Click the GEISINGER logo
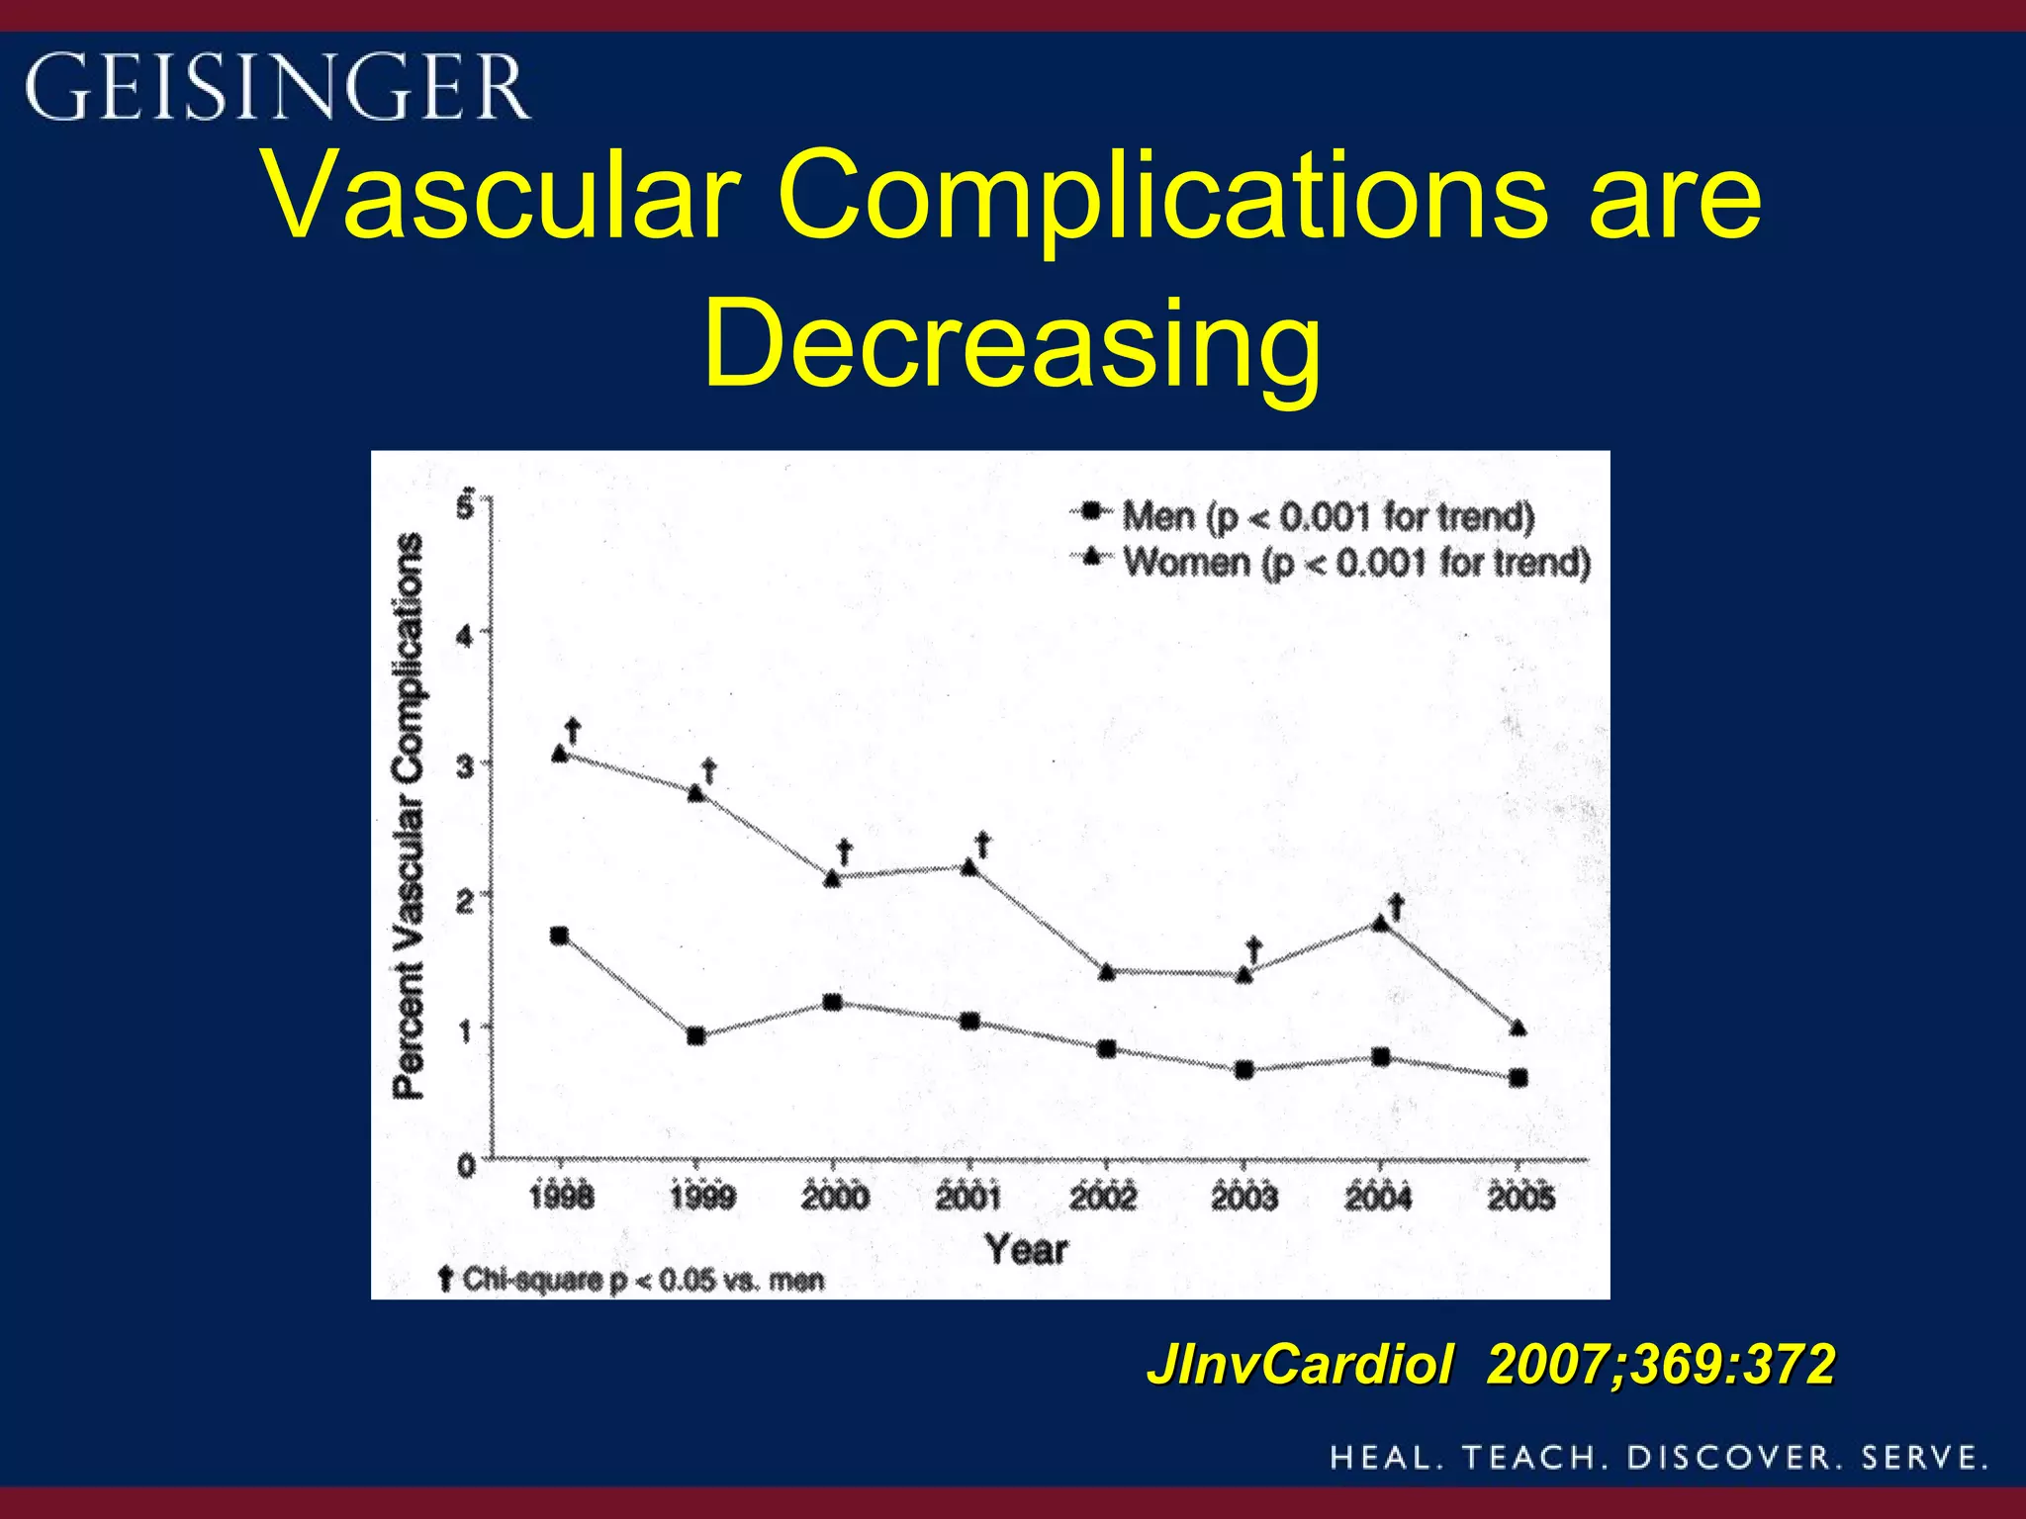pyautogui.click(x=277, y=87)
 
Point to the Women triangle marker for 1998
pyautogui.click(x=560, y=755)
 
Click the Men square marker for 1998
pyautogui.click(x=559, y=936)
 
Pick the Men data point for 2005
pyautogui.click(x=1519, y=1078)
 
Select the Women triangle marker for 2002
pyautogui.click(x=1107, y=971)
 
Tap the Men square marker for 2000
pyautogui.click(x=833, y=1003)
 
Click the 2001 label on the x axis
pyautogui.click(x=968, y=1198)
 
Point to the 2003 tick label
pyautogui.click(x=1243, y=1198)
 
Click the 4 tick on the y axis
pyautogui.click(x=465, y=635)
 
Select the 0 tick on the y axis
pyautogui.click(x=466, y=1167)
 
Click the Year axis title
pyautogui.click(x=1027, y=1250)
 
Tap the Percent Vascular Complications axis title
pyautogui.click(x=409, y=816)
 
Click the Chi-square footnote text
pyautogui.click(x=633, y=1281)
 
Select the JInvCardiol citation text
pyautogui.click(x=1490, y=1365)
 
